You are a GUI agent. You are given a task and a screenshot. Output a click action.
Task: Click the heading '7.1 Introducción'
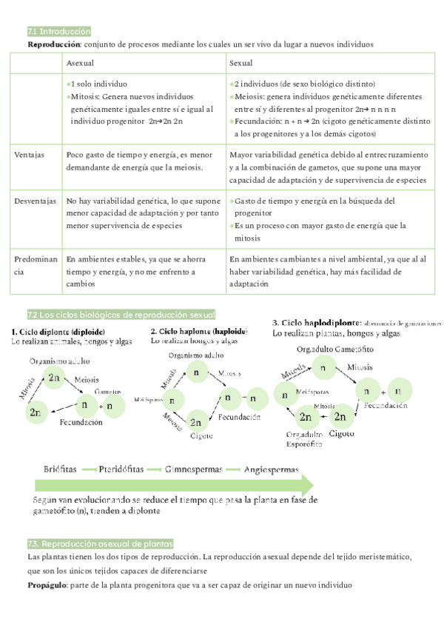(x=58, y=32)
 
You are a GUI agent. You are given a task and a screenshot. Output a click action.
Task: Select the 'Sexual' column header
(x=241, y=63)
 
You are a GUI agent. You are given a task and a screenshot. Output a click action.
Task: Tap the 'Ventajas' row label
(x=30, y=156)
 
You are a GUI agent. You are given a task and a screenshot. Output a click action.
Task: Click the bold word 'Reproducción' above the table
(x=53, y=45)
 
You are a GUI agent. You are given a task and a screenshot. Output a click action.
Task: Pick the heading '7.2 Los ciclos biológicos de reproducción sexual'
(x=121, y=314)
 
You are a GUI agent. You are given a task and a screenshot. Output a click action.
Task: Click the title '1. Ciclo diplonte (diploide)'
(x=58, y=331)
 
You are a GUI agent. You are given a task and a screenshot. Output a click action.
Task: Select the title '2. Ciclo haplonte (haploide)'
(x=199, y=331)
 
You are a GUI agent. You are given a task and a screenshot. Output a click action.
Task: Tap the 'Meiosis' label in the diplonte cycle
(x=87, y=380)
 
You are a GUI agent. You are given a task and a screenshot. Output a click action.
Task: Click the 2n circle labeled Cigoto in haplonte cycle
(x=196, y=423)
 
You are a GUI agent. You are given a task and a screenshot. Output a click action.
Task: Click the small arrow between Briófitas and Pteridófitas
(x=90, y=470)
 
